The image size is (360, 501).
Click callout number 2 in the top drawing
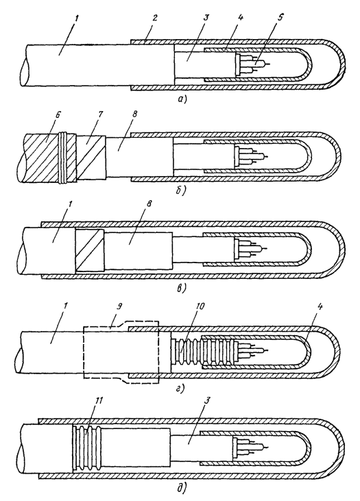[x=155, y=18]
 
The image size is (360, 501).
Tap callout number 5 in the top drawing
[x=280, y=18]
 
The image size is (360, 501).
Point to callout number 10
[x=200, y=306]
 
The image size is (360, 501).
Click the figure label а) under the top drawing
[x=182, y=99]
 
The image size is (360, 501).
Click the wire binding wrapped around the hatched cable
[x=65, y=158]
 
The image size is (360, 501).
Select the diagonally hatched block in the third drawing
[x=90, y=250]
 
